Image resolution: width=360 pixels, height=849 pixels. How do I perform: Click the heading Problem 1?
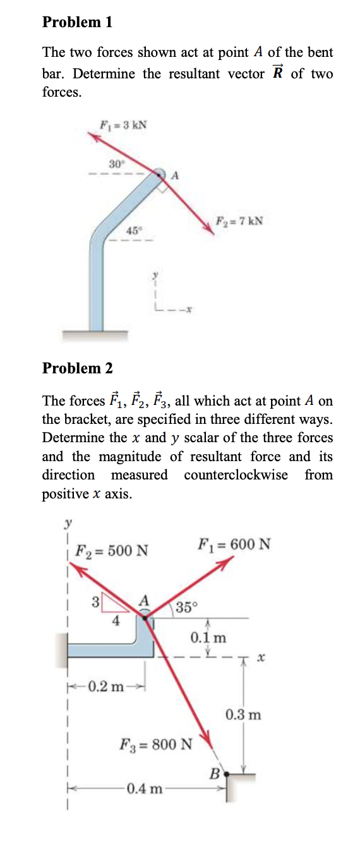[x=77, y=22]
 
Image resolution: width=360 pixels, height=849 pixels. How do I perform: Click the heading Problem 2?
[x=77, y=368]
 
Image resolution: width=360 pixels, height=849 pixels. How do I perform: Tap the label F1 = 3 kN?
[x=124, y=124]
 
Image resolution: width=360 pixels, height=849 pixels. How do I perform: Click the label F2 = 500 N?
[x=112, y=550]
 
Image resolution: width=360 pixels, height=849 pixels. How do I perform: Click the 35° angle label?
[x=187, y=608]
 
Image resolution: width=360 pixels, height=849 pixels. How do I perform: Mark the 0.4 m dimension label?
[x=146, y=788]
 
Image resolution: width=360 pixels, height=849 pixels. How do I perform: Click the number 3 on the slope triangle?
[x=95, y=601]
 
